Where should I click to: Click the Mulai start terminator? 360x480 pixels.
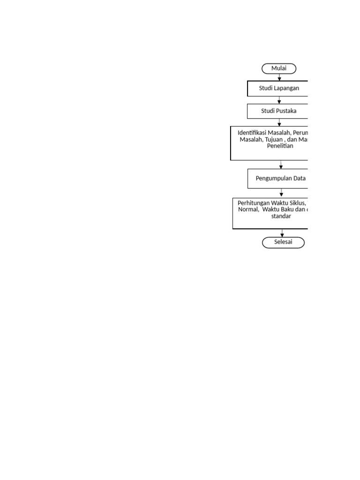[x=279, y=68]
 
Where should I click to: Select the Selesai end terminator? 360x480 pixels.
[x=283, y=242]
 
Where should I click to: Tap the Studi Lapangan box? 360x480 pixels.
[x=279, y=88]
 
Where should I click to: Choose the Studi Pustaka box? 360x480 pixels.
[x=279, y=111]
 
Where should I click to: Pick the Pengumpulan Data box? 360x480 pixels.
[x=280, y=178]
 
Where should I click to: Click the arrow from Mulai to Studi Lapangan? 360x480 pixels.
[x=279, y=77]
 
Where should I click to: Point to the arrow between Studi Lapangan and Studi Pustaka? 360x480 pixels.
[x=279, y=100]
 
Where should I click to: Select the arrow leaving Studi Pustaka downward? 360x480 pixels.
[x=279, y=122]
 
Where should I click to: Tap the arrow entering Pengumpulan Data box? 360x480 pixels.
[x=281, y=165]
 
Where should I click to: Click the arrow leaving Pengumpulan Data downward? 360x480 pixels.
[x=282, y=193]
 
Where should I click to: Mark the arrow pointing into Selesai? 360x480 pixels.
[x=282, y=233]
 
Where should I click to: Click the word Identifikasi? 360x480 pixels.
[x=253, y=133]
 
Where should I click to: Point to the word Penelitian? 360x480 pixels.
[x=280, y=146]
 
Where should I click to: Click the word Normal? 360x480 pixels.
[x=248, y=210]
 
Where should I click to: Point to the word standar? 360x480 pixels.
[x=281, y=216]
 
